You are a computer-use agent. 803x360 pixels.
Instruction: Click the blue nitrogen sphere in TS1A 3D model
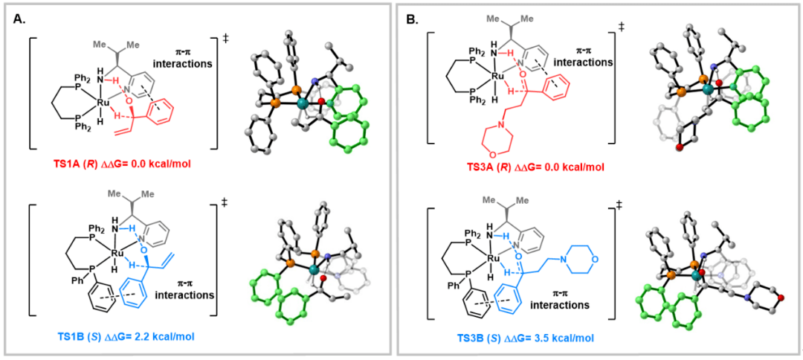click(315, 83)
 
